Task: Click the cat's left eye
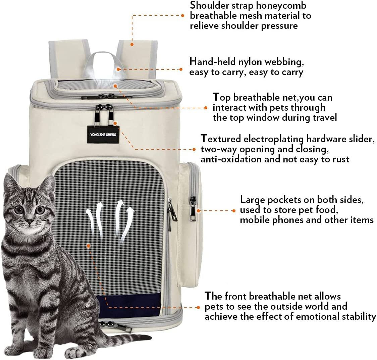point(19,210)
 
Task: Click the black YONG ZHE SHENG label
point(103,135)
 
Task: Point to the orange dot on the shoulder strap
point(132,44)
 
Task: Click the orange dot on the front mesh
point(89,245)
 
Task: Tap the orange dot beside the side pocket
point(198,211)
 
